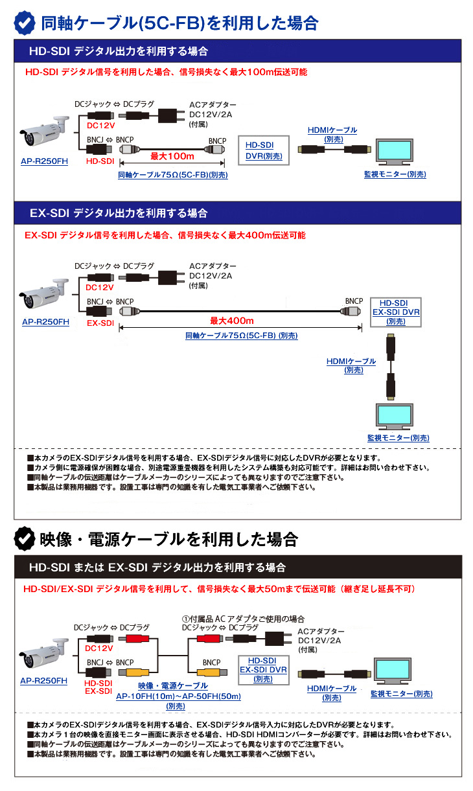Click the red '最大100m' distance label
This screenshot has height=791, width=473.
[172, 156]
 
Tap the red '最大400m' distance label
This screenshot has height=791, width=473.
[232, 321]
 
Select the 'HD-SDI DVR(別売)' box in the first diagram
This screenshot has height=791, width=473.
[264, 150]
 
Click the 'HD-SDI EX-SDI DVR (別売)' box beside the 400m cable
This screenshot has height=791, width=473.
[395, 312]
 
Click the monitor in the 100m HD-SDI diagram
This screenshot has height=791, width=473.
[395, 152]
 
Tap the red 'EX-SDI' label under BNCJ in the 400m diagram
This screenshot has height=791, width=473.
[100, 322]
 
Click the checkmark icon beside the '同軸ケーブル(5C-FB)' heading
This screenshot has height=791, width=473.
[25, 23]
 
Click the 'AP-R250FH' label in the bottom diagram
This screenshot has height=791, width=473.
[43, 681]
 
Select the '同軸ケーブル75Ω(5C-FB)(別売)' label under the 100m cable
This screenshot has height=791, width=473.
[173, 175]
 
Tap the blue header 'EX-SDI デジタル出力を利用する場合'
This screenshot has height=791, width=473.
[119, 212]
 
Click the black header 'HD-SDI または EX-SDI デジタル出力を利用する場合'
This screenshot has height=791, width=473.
[157, 567]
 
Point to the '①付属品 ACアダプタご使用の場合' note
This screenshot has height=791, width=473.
[242, 619]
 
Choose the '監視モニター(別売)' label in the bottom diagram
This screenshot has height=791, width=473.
[402, 694]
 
